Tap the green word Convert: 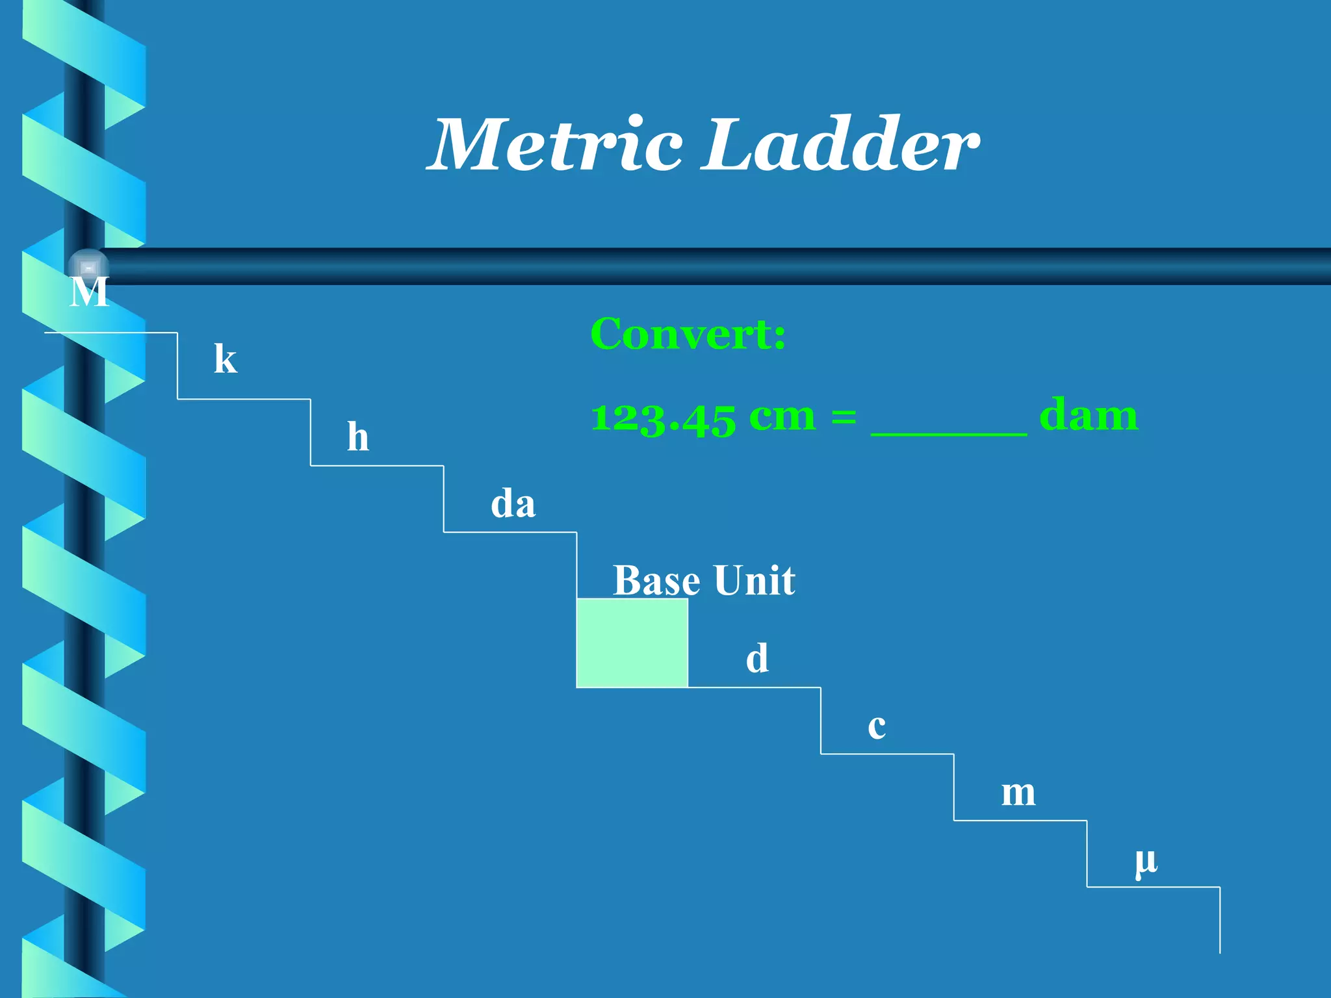tap(688, 334)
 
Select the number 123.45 tap(663, 417)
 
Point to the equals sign tap(844, 417)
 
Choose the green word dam tap(1088, 416)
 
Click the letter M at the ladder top tap(89, 292)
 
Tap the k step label tap(226, 359)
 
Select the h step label tap(358, 437)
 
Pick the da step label tap(513, 504)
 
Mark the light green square tap(632, 643)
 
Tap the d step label tap(757, 659)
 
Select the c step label tap(877, 726)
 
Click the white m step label tap(1018, 793)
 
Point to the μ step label tap(1146, 862)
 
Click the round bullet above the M tap(88, 267)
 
